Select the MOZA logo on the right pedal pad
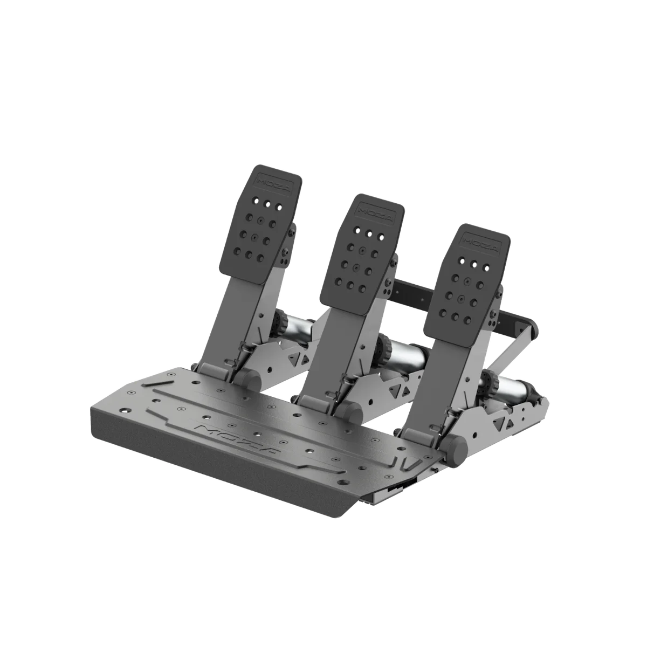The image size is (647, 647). click(480, 240)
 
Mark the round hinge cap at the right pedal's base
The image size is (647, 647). click(456, 447)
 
